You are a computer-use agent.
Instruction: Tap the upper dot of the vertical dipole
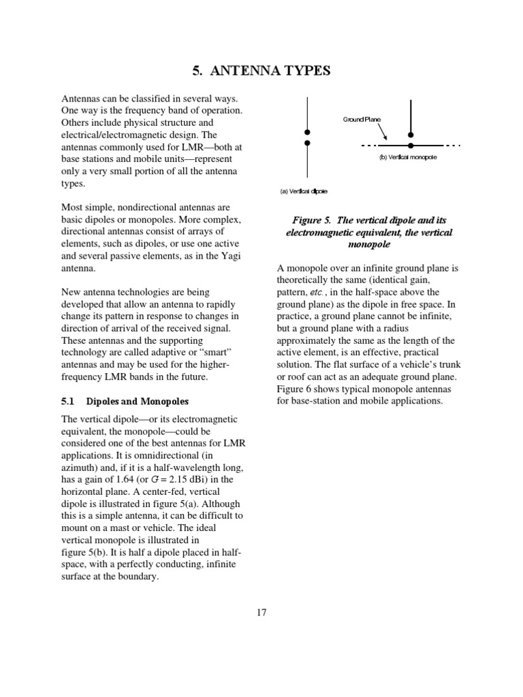coord(308,132)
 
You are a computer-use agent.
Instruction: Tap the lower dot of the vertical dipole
coord(308,143)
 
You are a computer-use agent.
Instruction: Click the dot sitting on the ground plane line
coord(410,145)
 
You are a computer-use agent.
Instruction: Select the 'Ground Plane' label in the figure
coord(362,119)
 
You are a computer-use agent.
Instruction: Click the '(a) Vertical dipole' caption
coord(304,191)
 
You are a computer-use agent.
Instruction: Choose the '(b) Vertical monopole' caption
coord(408,157)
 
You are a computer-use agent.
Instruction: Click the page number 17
coord(261,612)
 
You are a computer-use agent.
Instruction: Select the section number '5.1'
coord(69,402)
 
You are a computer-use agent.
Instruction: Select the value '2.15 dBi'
coord(197,480)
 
